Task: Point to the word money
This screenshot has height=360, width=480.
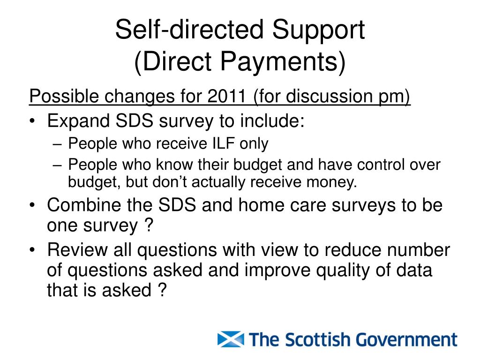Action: [x=333, y=182]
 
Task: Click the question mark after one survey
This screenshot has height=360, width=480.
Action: [x=148, y=226]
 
